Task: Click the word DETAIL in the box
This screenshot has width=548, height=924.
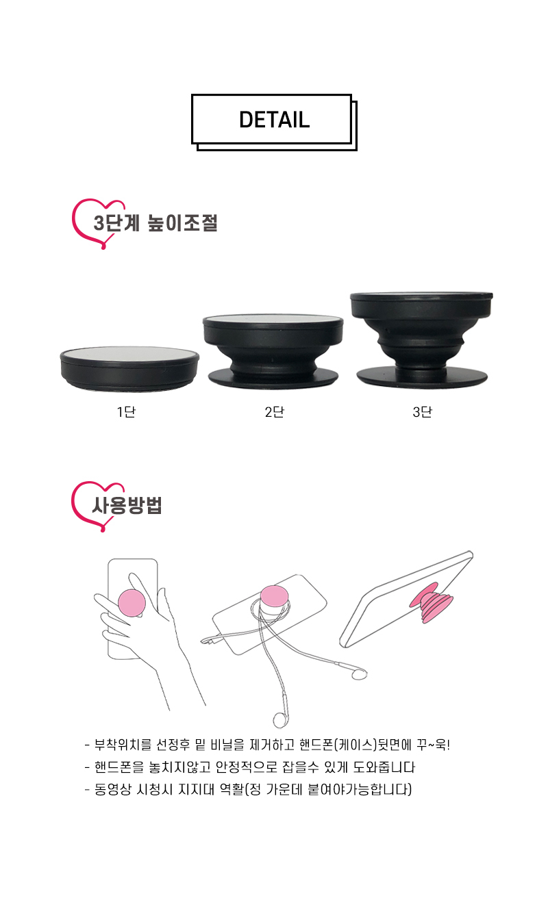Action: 274,120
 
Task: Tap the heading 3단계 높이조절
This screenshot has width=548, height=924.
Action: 155,223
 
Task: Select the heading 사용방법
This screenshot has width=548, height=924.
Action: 127,505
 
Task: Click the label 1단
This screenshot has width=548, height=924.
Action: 126,411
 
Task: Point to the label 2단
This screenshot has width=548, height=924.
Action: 274,411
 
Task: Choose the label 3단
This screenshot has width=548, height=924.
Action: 422,411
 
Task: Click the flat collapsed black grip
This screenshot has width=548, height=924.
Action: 129,368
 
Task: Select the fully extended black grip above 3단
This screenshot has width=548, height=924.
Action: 422,339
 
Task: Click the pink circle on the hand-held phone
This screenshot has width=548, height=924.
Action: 132,602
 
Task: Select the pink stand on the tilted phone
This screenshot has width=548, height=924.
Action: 430,603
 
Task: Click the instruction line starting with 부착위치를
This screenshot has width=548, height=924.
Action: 267,745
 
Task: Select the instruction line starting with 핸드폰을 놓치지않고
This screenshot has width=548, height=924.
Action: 249,767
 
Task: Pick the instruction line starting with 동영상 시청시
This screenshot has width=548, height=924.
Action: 248,790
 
